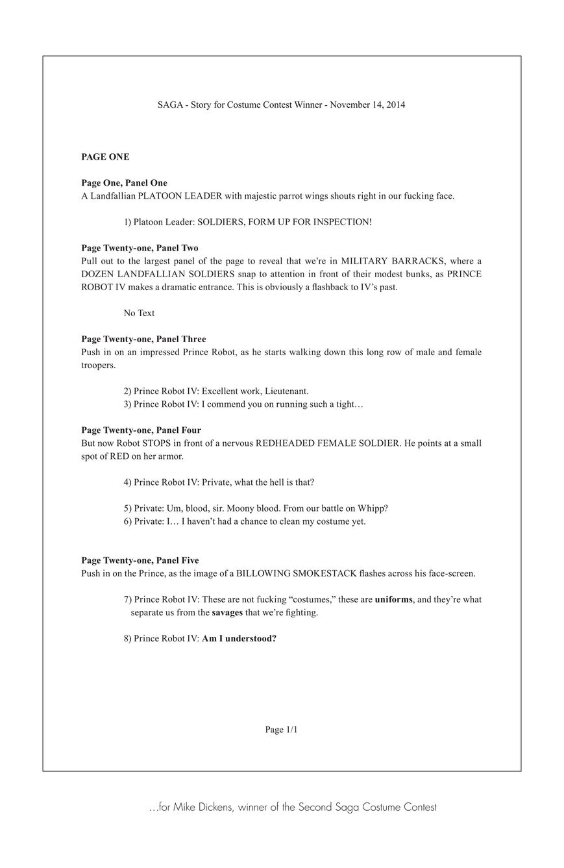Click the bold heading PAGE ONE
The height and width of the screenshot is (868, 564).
[x=105, y=156]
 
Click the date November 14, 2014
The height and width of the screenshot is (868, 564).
[x=367, y=105]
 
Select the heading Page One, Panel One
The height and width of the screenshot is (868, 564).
[x=124, y=183]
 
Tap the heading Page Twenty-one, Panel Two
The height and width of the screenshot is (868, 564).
[x=140, y=248]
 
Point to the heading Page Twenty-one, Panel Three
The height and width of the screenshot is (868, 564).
[x=143, y=339]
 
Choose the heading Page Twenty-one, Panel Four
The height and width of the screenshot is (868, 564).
[x=141, y=430]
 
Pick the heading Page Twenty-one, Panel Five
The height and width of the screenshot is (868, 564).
[x=140, y=560]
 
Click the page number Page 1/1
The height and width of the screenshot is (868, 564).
[x=281, y=730]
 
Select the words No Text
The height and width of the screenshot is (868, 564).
[x=139, y=313]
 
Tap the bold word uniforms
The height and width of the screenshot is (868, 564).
[x=393, y=599]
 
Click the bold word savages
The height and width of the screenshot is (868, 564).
[x=227, y=612]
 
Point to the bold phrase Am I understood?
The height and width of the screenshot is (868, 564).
[x=239, y=638]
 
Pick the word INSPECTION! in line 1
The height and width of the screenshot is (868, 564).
[x=342, y=222]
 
